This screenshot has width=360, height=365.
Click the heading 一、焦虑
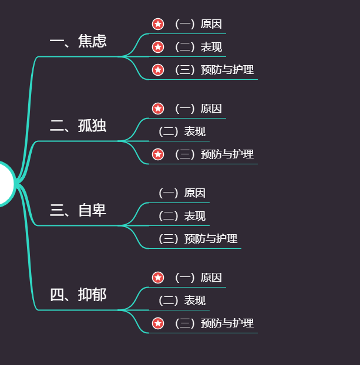[x=78, y=42]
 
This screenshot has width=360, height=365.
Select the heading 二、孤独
[x=78, y=126]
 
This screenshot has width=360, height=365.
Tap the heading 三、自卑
[x=78, y=210]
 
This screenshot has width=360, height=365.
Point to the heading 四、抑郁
[x=78, y=295]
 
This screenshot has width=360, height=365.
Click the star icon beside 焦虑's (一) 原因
[x=158, y=24]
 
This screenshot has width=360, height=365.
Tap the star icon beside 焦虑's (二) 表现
[x=158, y=47]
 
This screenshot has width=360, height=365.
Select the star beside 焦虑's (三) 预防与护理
[x=158, y=70]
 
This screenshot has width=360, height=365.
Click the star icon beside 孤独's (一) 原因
[x=158, y=109]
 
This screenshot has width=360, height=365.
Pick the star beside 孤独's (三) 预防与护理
[x=158, y=154]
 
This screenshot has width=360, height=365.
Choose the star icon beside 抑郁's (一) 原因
[x=158, y=278]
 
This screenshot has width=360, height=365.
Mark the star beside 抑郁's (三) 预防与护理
[x=158, y=323]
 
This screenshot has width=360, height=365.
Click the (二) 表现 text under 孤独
[x=182, y=131]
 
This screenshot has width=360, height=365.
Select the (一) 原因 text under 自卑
[x=182, y=193]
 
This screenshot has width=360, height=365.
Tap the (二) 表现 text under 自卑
[x=182, y=216]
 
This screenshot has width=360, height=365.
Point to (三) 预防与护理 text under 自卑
[x=198, y=239]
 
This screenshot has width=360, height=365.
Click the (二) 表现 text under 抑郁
[x=182, y=300]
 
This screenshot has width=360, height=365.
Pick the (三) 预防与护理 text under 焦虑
[x=214, y=70]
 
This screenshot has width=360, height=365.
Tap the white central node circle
[x=5, y=184]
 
